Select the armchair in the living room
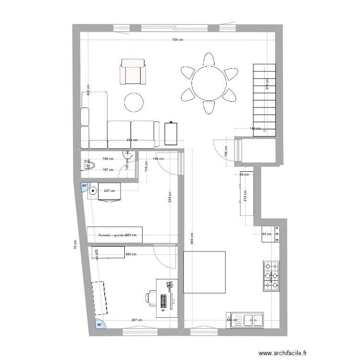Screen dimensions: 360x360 (x=133, y=72)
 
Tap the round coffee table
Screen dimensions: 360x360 (x=133, y=102)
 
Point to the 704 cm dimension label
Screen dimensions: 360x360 (x=177, y=40)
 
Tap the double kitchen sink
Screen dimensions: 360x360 (x=247, y=320)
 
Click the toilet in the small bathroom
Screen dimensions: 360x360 (x=89, y=165)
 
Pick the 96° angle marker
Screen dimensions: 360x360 (x=100, y=324)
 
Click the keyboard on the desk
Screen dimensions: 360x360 (x=164, y=300)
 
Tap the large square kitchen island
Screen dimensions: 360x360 (x=204, y=272)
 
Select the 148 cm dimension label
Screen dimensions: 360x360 (x=255, y=129)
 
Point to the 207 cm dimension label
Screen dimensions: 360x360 (x=109, y=191)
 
